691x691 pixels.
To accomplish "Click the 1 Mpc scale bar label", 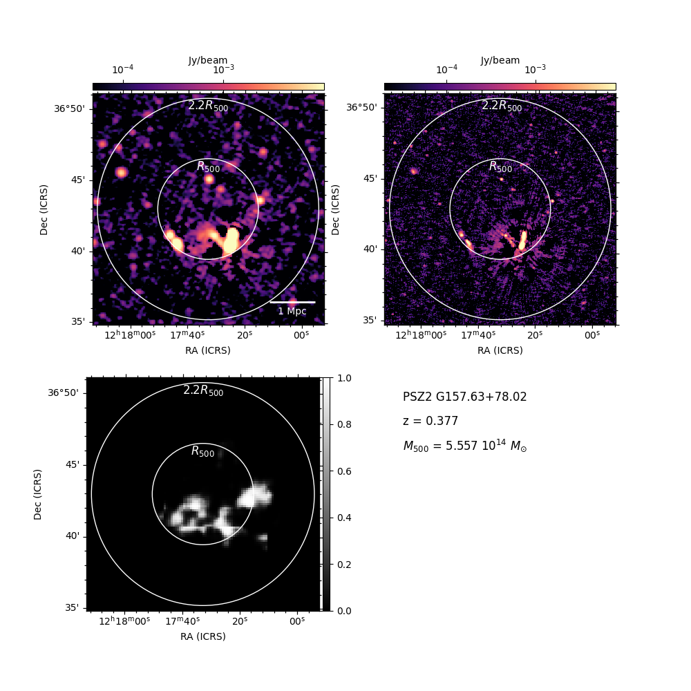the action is click(x=292, y=311).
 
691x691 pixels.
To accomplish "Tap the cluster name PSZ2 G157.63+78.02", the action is click(x=464, y=397).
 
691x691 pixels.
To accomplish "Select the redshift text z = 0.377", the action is click(x=430, y=421).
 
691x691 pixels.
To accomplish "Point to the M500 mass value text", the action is click(x=465, y=446).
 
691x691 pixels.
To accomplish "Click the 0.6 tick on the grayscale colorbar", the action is click(x=344, y=471).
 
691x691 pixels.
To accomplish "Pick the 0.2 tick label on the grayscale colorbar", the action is click(x=344, y=565).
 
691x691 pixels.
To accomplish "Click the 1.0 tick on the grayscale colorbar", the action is click(x=344, y=378).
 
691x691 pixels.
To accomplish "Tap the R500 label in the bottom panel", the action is click(x=202, y=451).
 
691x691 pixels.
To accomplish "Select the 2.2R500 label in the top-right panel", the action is click(x=502, y=106).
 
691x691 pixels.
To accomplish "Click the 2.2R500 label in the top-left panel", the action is click(x=208, y=106).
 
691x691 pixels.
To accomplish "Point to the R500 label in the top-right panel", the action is click(x=500, y=167).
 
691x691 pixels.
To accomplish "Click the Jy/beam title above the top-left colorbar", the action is click(x=208, y=60).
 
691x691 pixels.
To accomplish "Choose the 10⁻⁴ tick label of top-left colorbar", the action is click(x=122, y=69).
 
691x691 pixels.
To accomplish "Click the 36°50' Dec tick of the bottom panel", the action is click(x=63, y=392).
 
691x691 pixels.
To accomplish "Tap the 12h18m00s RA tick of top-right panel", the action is click(x=421, y=335).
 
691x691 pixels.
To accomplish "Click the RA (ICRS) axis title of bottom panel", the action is click(x=202, y=636).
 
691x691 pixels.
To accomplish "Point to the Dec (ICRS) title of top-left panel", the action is click(x=44, y=210).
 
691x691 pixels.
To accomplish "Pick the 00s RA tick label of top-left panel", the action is click(x=301, y=335).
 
